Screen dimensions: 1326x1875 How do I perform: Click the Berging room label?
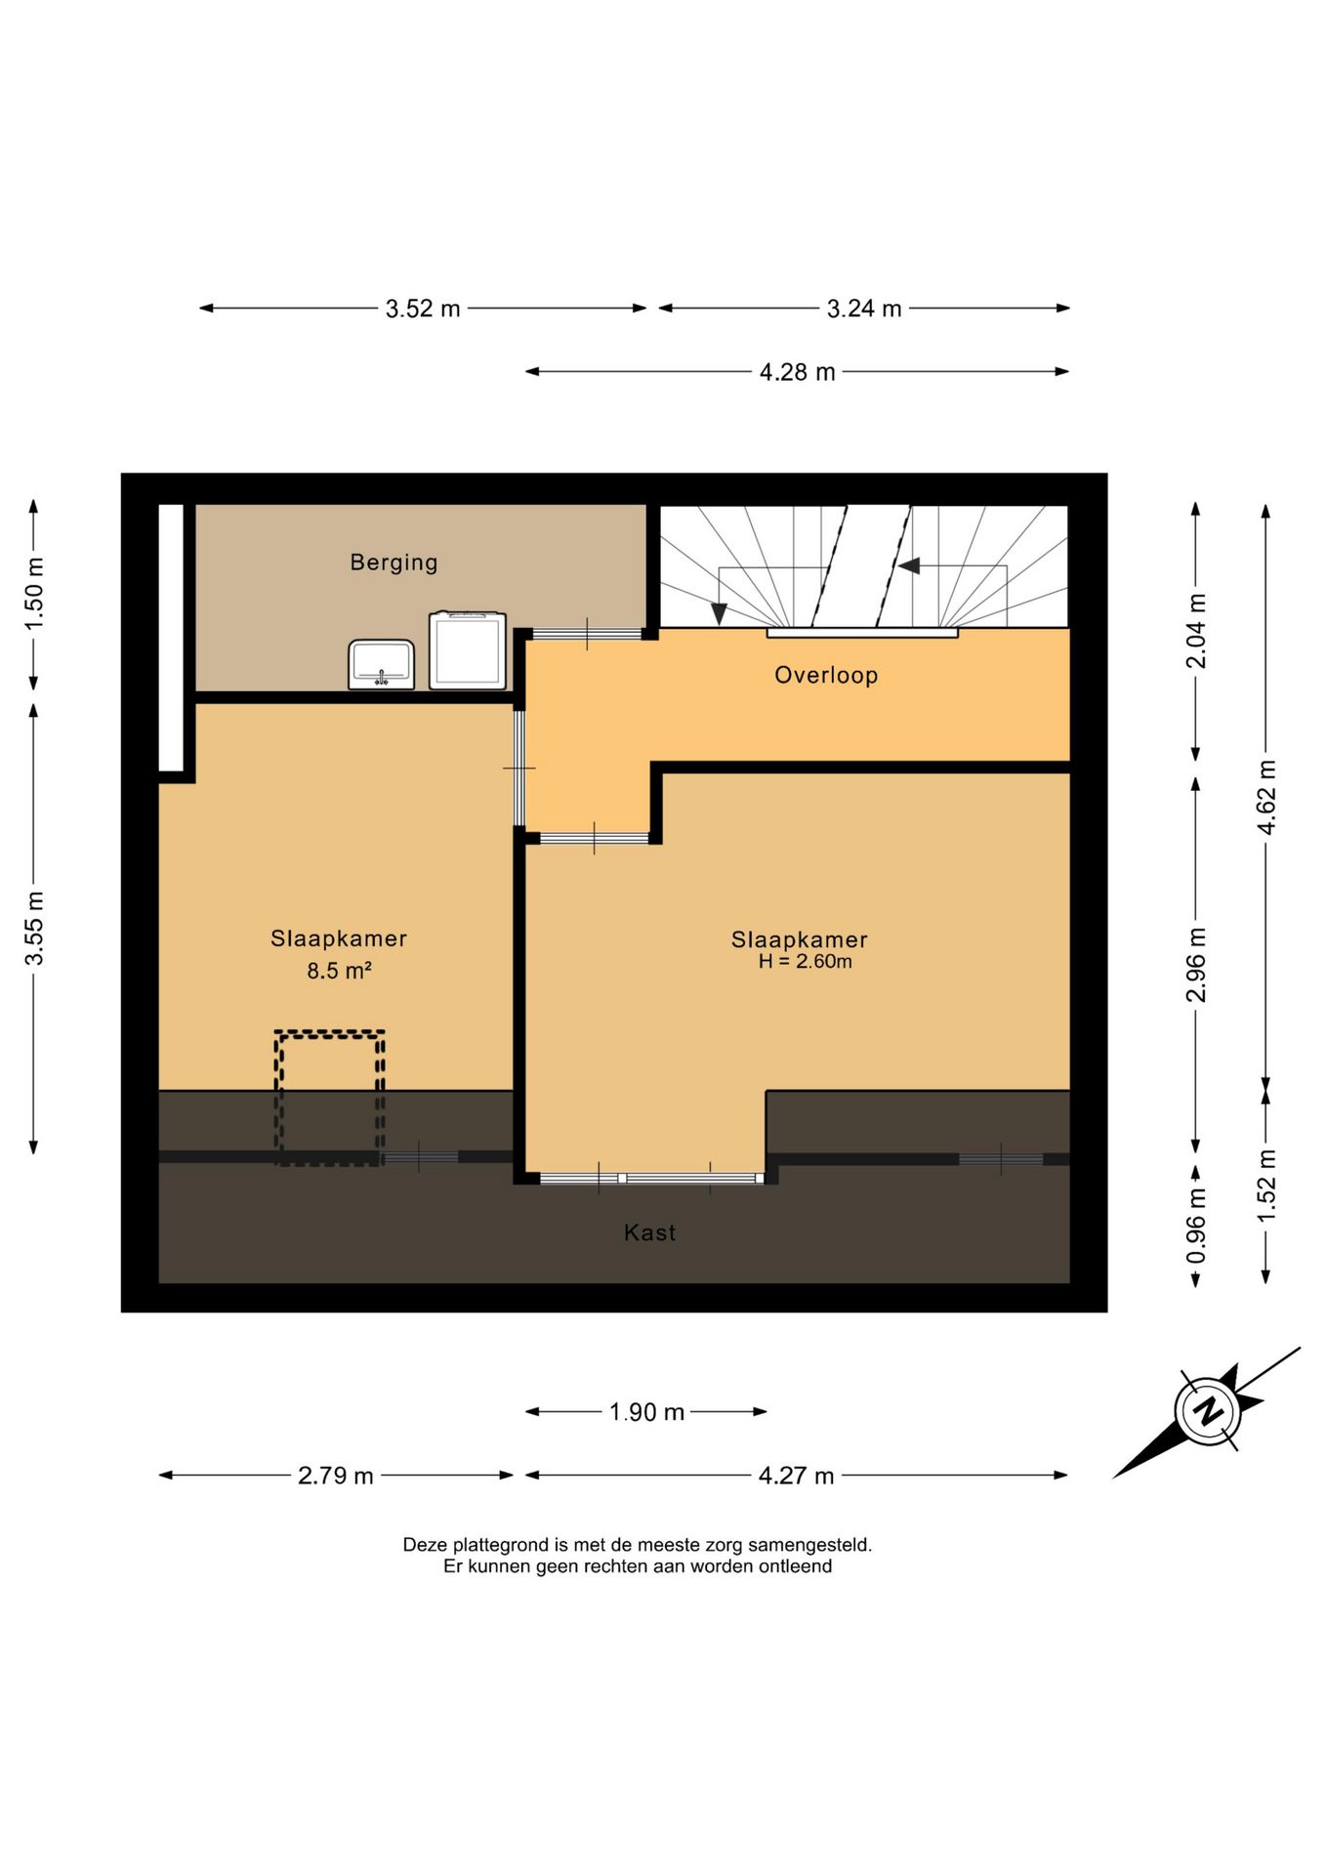(394, 562)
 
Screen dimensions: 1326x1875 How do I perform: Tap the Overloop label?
(826, 675)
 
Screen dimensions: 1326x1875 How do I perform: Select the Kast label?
(649, 1232)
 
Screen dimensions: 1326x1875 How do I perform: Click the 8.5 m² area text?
(339, 971)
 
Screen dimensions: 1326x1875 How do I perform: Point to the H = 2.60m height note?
(805, 961)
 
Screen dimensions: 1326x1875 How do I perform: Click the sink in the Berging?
(381, 664)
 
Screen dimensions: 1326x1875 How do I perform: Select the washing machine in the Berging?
(468, 649)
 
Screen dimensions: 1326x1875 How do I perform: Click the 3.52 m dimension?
(423, 309)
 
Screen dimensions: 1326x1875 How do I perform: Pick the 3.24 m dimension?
(864, 309)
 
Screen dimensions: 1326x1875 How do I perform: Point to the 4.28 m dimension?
(797, 372)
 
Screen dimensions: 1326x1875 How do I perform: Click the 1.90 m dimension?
(646, 1412)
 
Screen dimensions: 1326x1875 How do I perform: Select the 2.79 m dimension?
(336, 1476)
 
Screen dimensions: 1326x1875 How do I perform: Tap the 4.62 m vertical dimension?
(1266, 797)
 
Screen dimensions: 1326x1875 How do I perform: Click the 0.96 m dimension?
(1196, 1226)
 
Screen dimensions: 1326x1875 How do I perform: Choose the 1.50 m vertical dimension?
(34, 594)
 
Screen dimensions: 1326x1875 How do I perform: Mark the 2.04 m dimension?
(1196, 631)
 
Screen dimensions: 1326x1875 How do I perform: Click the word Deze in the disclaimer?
(424, 1545)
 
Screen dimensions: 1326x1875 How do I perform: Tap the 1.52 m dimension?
(1266, 1186)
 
